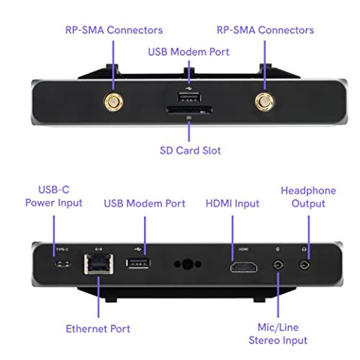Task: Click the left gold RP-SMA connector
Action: pyautogui.click(x=113, y=102)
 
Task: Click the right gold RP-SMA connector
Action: pyautogui.click(x=265, y=102)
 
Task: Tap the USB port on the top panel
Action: pyautogui.click(x=189, y=98)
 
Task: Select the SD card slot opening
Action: pyautogui.click(x=189, y=110)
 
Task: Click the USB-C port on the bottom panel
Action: pyautogui.click(x=63, y=264)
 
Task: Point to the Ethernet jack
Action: pyautogui.click(x=99, y=264)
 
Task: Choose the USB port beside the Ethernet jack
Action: pyautogui.click(x=138, y=264)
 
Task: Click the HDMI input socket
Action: pyautogui.click(x=243, y=267)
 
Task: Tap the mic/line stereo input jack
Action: pyautogui.click(x=278, y=266)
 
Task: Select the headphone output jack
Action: pyautogui.click(x=305, y=266)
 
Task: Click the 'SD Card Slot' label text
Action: pyautogui.click(x=190, y=150)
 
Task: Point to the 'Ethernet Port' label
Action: pyautogui.click(x=98, y=328)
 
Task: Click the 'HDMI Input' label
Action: pyautogui.click(x=233, y=204)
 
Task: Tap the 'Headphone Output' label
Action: pyautogui.click(x=308, y=197)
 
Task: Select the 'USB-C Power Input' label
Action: pyautogui.click(x=54, y=197)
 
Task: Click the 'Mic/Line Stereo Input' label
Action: pyautogui.click(x=278, y=334)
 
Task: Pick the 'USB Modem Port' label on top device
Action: pyautogui.click(x=189, y=52)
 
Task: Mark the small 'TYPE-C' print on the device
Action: pyautogui.click(x=62, y=249)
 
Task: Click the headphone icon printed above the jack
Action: pyautogui.click(x=305, y=249)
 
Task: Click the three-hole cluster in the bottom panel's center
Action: pyautogui.click(x=188, y=264)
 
